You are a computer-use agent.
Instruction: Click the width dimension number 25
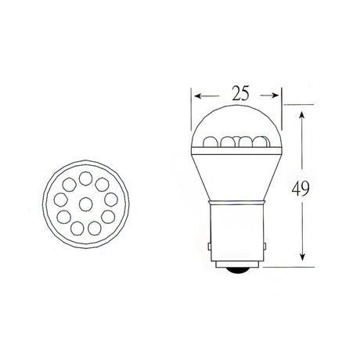240,93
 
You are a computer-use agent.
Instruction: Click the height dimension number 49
301,189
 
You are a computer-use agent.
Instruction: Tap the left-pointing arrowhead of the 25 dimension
198,96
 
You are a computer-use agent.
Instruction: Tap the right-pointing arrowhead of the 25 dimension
275,95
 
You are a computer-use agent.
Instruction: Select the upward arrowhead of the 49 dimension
302,116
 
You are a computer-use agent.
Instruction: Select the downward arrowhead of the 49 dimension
302,257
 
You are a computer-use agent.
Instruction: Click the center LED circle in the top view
86,204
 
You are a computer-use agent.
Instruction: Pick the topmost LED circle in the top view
85,178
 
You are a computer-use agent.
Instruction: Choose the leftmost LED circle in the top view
60,200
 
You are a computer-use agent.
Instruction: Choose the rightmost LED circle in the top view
111,200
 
